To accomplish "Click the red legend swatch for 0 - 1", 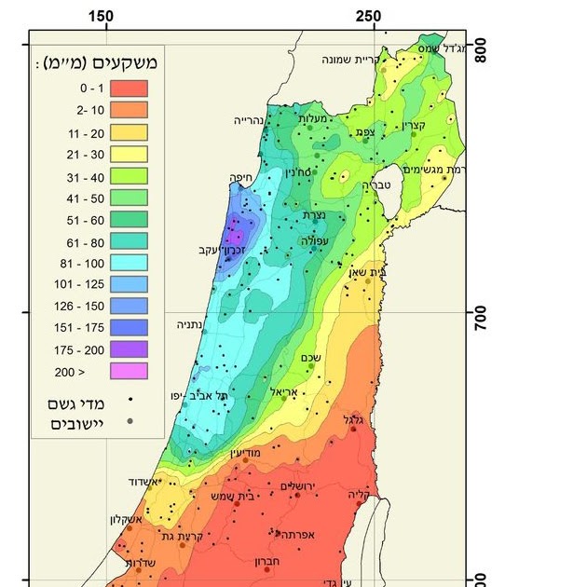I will coord(130,89).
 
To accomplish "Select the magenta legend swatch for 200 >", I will coord(130,370).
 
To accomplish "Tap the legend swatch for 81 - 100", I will coord(130,262).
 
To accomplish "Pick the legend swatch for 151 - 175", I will coord(130,327).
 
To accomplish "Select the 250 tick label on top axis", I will coord(369,17).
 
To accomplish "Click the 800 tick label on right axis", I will coord(482,48).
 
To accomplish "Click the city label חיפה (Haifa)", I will coord(242,177).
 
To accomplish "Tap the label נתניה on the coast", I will coord(193,325).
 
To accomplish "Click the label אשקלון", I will coord(124,519).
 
